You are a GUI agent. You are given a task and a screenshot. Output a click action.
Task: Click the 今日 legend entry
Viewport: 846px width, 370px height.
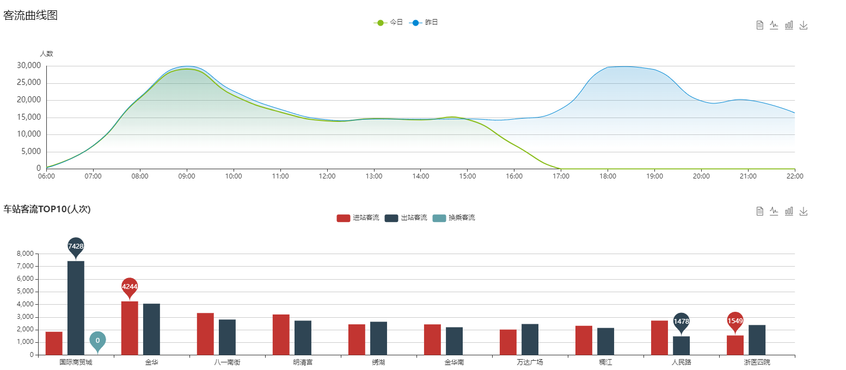tap(388, 22)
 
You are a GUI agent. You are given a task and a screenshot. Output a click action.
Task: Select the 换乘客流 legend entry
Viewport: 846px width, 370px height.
tap(453, 218)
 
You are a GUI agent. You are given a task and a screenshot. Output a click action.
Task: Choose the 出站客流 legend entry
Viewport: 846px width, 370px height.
tap(406, 218)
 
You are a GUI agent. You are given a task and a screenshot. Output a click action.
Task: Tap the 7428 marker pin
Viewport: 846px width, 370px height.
tap(76, 246)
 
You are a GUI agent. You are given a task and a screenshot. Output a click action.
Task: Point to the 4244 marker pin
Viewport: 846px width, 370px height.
tap(130, 287)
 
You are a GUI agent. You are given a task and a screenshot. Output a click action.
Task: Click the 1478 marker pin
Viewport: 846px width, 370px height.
tap(681, 322)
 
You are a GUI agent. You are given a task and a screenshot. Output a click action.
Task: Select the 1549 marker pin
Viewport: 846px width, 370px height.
tap(735, 321)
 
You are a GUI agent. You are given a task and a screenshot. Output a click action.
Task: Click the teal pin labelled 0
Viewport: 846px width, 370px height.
tap(97, 341)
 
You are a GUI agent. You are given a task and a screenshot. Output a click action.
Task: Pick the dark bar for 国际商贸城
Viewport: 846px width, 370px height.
tap(76, 308)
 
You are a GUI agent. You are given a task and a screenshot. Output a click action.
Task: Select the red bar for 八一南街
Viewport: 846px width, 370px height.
tap(205, 334)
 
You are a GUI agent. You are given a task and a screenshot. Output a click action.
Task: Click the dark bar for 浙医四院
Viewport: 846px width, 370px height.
tap(757, 340)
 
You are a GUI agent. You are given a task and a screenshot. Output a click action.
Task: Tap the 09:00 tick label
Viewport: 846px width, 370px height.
tap(187, 176)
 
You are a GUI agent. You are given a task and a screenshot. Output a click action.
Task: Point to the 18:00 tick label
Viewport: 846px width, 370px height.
tap(608, 176)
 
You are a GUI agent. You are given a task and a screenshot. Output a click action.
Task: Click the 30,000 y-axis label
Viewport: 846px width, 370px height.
tap(29, 66)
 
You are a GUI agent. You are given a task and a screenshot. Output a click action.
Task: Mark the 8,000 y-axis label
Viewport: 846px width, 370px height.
tap(26, 254)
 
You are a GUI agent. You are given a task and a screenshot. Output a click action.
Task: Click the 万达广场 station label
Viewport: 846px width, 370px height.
tap(530, 362)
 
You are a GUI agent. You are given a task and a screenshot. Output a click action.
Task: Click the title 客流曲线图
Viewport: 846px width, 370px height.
tap(30, 15)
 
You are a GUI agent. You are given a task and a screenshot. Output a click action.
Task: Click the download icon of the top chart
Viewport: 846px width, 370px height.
tap(804, 25)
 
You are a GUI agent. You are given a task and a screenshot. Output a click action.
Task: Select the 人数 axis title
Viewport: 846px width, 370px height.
tap(46, 53)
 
